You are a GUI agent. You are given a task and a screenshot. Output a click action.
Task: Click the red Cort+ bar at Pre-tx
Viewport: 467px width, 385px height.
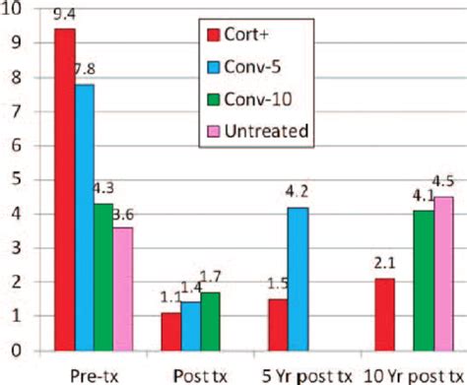pos(65,187)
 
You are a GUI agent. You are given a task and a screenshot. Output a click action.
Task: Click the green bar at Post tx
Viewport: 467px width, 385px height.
pos(208,320)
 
